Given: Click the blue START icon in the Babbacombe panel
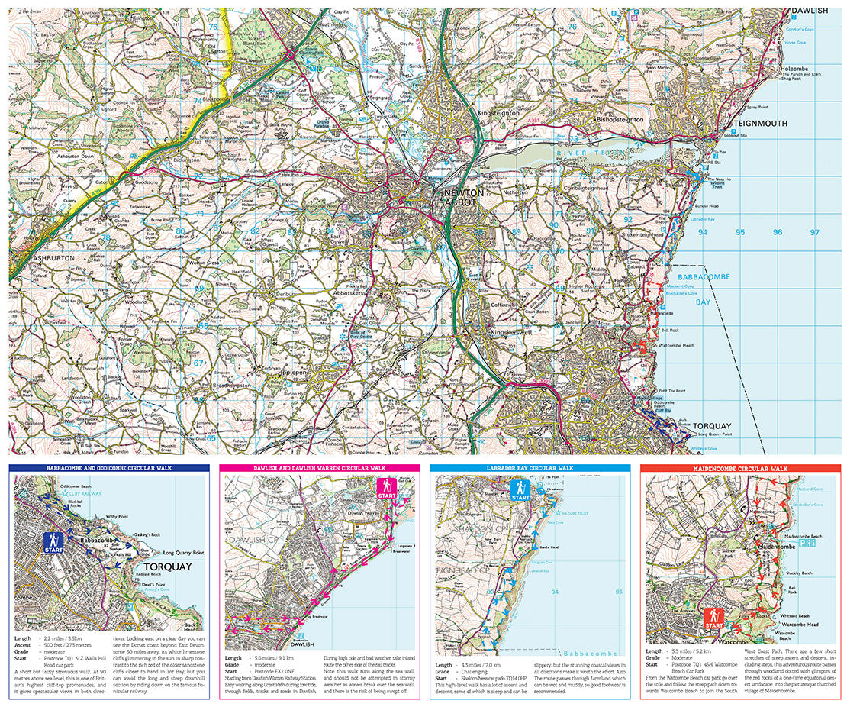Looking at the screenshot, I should pyautogui.click(x=53, y=543).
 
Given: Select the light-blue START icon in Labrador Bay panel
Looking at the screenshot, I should pyautogui.click(x=520, y=490).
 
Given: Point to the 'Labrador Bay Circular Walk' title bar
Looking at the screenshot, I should pyautogui.click(x=530, y=467).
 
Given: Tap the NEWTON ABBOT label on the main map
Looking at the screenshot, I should pyautogui.click(x=465, y=198).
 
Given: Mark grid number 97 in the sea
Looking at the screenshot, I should pyautogui.click(x=814, y=232).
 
